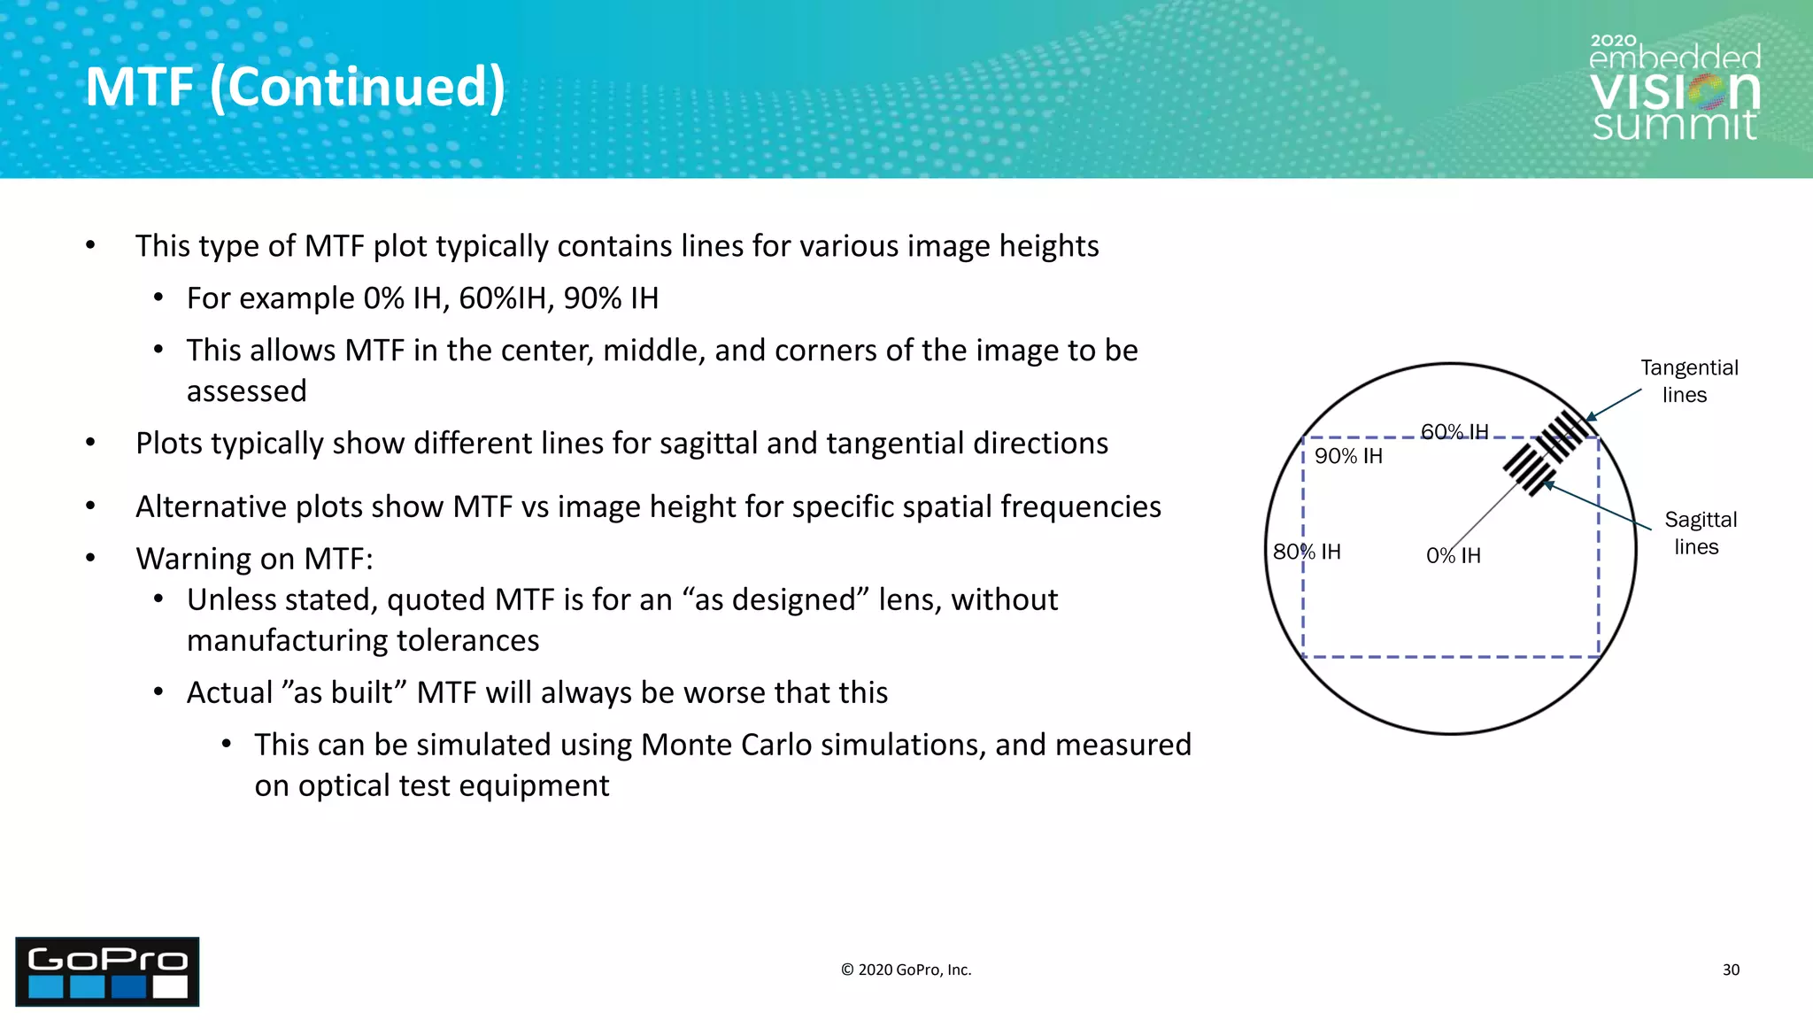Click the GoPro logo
click(x=107, y=971)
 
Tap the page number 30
click(x=1731, y=970)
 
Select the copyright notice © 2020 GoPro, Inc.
click(x=906, y=970)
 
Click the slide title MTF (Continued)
click(x=296, y=87)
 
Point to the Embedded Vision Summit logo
click(x=1674, y=89)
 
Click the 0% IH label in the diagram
click(x=1453, y=555)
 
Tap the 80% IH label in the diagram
click(x=1307, y=552)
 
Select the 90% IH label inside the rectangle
click(x=1348, y=456)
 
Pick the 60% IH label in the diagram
click(x=1454, y=431)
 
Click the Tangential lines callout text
click(x=1688, y=381)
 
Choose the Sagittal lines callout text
click(x=1700, y=532)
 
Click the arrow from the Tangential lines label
click(x=1613, y=404)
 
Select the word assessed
click(x=246, y=390)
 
